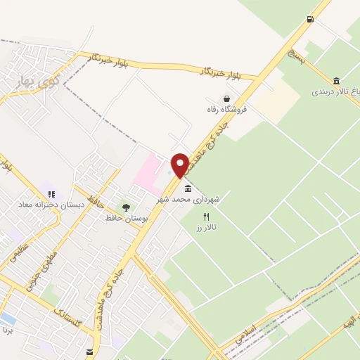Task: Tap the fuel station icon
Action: click(310, 19)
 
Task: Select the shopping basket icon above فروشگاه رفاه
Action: click(226, 99)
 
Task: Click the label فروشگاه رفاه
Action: click(226, 110)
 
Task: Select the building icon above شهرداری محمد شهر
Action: click(187, 188)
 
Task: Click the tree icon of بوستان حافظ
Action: click(126, 207)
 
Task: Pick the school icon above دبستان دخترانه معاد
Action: click(51, 192)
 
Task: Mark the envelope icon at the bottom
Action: click(89, 352)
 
